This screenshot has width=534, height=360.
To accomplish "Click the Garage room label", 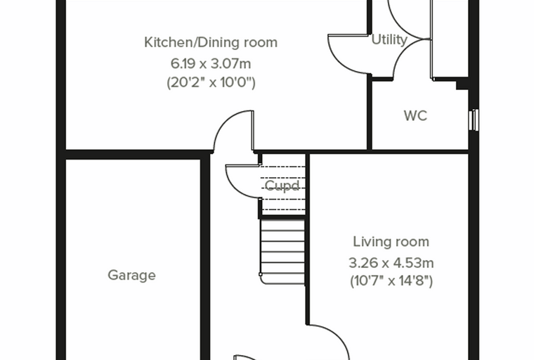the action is tap(131, 275).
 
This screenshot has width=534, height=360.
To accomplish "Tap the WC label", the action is tap(415, 115).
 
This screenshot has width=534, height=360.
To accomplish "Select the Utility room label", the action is tap(389, 39).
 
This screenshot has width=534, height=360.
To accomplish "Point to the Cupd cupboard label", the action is tap(282, 186).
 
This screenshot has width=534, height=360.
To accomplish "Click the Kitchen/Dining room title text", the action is tap(211, 42).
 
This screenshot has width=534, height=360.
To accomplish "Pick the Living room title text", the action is tap(391, 242).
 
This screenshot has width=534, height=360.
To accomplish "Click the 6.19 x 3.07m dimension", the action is tap(211, 63).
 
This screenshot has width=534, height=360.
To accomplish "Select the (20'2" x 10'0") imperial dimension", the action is tap(211, 82).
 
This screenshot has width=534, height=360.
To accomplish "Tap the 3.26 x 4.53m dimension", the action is tap(391, 263).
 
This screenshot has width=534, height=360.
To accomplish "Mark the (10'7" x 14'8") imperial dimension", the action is tap(391, 281).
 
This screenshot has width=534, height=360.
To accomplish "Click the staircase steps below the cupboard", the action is tap(282, 252).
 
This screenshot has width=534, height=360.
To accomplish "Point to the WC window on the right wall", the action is tap(474, 120).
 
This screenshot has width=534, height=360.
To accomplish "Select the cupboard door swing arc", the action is tap(235, 188).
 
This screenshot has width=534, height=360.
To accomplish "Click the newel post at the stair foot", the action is tap(261, 274).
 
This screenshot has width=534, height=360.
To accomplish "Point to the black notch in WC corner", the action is tap(462, 84).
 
